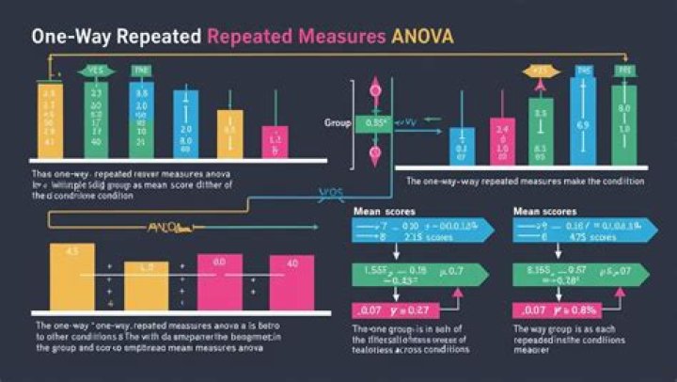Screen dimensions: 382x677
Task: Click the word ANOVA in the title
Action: click(x=420, y=38)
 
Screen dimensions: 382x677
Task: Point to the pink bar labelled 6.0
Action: click(x=219, y=281)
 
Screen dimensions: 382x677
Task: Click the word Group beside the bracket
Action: click(x=337, y=123)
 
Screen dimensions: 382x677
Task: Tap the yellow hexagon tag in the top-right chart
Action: click(x=539, y=71)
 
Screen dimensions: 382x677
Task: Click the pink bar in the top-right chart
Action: click(x=501, y=142)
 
